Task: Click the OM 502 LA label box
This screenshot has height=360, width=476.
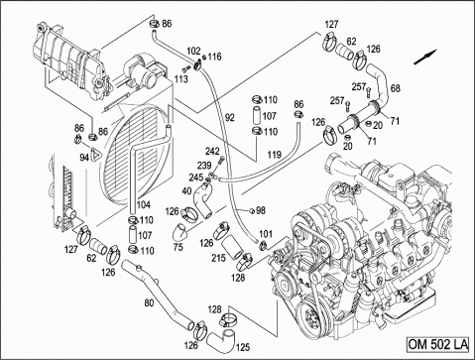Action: point(437,344)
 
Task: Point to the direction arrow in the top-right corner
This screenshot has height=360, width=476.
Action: point(425,57)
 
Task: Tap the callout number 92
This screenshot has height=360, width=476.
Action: point(229,117)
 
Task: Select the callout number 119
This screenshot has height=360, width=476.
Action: point(274,155)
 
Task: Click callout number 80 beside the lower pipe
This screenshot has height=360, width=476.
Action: point(149,302)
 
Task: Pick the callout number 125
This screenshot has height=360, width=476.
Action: point(243,347)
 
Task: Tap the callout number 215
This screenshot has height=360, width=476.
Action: point(219,257)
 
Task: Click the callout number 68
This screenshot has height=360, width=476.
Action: point(396,88)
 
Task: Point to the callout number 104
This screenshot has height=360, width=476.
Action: point(143,205)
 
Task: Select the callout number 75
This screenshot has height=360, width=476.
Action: point(178,247)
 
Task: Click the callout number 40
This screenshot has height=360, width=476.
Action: point(186,191)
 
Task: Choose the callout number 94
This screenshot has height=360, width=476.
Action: point(84,158)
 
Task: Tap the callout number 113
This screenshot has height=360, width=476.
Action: point(181,79)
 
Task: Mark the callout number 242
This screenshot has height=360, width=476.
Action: point(212,151)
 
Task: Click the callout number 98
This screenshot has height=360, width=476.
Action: point(261,210)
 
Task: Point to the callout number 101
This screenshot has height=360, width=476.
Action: point(266,234)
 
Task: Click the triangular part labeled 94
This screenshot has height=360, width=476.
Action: point(95,155)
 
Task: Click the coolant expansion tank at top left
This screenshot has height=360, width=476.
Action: point(71,61)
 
